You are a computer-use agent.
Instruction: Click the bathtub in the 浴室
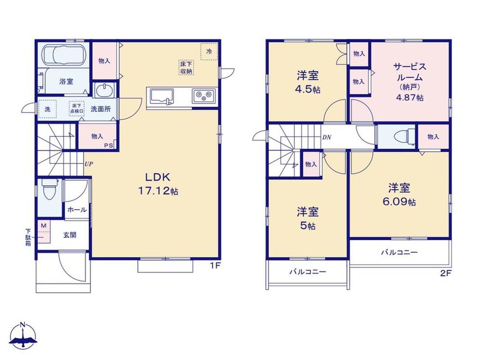click(63, 55)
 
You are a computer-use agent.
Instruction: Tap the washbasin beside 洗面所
click(104, 90)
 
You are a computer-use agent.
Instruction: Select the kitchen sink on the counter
click(161, 97)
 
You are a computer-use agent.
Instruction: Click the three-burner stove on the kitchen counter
click(204, 96)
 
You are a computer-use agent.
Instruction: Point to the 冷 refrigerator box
click(209, 51)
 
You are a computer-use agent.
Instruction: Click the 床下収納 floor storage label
click(186, 67)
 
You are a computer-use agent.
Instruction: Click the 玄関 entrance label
click(70, 235)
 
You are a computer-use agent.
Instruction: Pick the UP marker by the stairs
click(88, 164)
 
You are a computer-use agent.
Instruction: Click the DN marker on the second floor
click(326, 137)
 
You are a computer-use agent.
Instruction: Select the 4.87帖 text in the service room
click(409, 98)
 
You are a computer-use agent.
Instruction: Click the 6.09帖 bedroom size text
click(399, 202)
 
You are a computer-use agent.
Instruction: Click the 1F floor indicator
click(215, 265)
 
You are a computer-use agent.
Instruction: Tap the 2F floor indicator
click(446, 273)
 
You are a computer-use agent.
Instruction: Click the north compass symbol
click(23, 335)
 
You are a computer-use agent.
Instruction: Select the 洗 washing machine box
click(48, 109)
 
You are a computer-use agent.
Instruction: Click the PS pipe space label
click(109, 146)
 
